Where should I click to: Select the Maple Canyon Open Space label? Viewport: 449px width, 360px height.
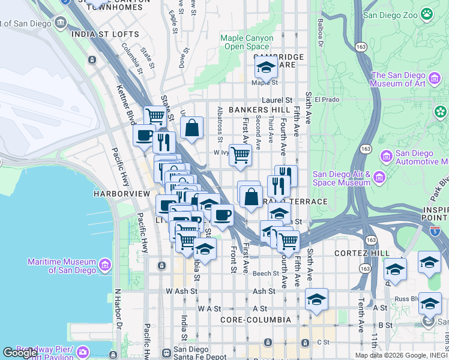click(247, 42)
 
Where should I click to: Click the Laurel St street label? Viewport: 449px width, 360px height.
click(280, 100)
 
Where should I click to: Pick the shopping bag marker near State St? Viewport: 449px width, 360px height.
click(191, 128)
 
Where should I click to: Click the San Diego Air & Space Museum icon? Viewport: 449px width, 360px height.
click(379, 177)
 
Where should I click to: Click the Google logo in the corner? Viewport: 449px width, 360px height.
click(19, 352)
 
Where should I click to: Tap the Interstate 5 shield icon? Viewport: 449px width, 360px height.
click(435, 230)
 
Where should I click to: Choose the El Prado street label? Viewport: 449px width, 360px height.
click(327, 100)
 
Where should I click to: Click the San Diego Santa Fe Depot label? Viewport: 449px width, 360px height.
click(191, 353)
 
